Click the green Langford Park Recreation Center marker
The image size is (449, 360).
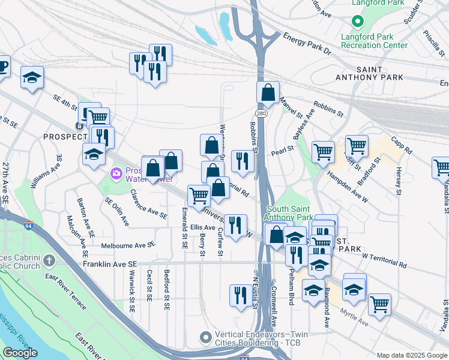(x=358, y=22)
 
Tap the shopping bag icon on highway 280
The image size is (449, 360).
(x=268, y=93)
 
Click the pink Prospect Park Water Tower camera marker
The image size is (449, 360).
(x=116, y=174)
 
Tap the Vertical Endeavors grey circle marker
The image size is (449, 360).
(x=206, y=337)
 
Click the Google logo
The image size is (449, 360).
(x=20, y=353)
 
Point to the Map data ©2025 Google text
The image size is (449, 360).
(x=411, y=355)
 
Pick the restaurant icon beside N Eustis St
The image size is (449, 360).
(x=240, y=296)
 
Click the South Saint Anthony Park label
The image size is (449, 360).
(x=289, y=212)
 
